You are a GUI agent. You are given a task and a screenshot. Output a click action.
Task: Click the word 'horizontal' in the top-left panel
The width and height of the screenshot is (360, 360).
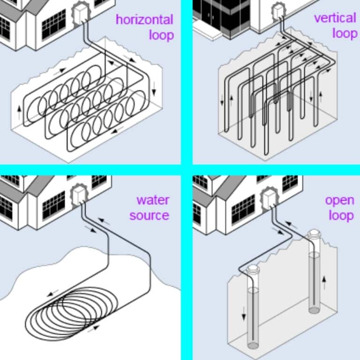144,20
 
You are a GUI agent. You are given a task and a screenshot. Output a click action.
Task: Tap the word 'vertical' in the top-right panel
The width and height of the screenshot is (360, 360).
335,18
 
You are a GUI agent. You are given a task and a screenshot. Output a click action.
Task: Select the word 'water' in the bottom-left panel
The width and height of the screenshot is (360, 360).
152,200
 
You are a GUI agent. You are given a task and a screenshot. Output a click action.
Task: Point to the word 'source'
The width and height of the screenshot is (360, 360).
149,216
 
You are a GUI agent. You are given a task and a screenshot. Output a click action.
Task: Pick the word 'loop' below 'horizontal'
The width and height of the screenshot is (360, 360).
161,35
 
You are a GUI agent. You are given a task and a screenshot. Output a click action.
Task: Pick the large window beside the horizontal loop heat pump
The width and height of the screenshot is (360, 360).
53,24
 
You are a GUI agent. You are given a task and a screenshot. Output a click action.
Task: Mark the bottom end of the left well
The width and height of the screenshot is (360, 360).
253,345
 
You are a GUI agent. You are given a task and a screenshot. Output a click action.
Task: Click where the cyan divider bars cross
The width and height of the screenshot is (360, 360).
187,169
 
